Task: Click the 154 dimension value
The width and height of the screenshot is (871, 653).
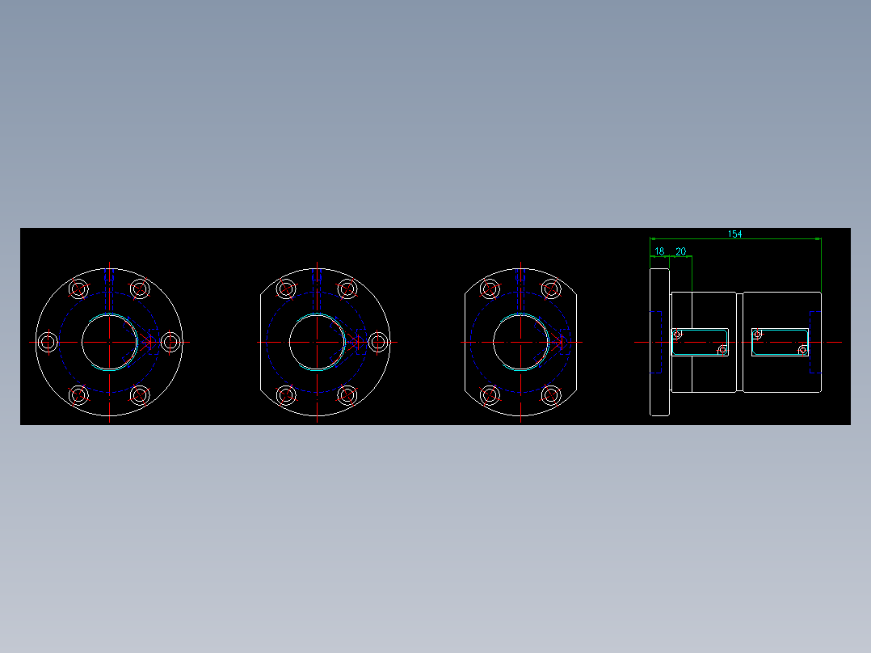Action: click(x=734, y=234)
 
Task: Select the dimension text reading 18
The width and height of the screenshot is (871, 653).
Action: click(x=659, y=251)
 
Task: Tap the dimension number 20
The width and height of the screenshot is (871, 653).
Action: click(x=680, y=251)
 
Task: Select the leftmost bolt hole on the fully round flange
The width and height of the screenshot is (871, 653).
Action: click(x=48, y=343)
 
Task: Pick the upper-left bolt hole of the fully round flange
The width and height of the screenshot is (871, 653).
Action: click(x=78, y=289)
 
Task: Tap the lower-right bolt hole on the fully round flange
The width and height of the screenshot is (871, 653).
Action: click(x=140, y=395)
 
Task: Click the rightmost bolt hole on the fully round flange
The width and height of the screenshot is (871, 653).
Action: click(x=170, y=343)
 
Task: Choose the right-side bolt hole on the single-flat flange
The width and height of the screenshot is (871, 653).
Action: click(x=377, y=343)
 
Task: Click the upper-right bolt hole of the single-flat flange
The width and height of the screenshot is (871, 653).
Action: click(x=347, y=289)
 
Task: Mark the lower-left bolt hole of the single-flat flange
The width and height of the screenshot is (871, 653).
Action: click(x=287, y=395)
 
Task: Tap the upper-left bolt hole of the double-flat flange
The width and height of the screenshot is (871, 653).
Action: click(x=490, y=289)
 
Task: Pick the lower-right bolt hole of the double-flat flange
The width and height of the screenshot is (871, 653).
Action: click(x=551, y=395)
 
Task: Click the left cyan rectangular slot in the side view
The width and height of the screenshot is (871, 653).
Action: click(x=700, y=341)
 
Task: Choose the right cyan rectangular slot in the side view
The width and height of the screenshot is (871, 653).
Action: click(x=780, y=341)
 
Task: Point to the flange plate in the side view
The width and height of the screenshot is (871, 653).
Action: click(x=659, y=342)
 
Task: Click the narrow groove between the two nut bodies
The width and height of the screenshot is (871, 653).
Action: click(x=739, y=342)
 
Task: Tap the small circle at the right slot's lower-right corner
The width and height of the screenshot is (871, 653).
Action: click(x=802, y=350)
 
